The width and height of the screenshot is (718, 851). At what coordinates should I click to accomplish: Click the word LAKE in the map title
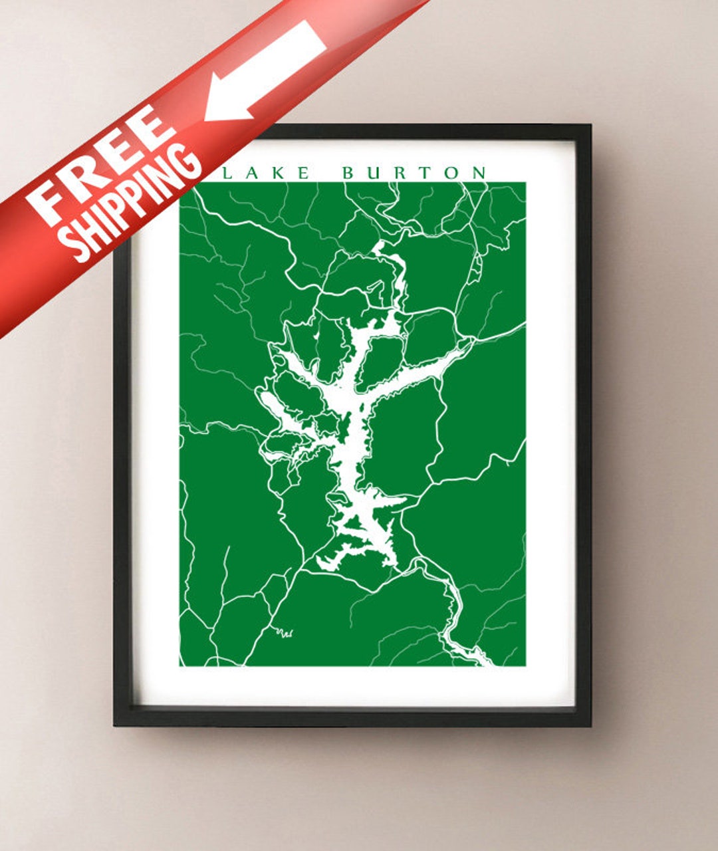pyautogui.click(x=266, y=174)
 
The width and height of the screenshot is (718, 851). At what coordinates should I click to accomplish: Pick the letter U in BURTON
pyautogui.click(x=375, y=174)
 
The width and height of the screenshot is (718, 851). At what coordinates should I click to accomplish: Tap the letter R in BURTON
pyautogui.click(x=402, y=174)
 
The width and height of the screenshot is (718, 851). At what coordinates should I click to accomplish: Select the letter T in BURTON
pyautogui.click(x=426, y=174)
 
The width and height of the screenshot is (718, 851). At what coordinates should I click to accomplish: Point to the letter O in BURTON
pyautogui.click(x=452, y=174)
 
